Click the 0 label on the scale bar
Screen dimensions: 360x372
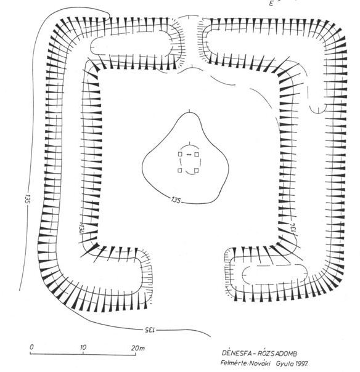point(31,347)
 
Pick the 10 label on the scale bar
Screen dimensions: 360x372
point(83,347)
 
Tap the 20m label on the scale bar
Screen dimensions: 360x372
point(137,348)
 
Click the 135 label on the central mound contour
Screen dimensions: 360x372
point(176,200)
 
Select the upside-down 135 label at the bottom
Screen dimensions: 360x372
point(149,330)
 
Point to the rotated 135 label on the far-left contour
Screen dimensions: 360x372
point(27,199)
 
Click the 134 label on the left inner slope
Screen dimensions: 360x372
point(81,229)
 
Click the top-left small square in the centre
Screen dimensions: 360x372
point(180,154)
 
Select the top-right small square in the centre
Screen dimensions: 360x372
point(197,155)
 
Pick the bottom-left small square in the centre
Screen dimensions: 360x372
point(180,171)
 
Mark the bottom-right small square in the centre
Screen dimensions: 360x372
point(196,171)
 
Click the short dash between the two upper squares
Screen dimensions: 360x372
point(189,155)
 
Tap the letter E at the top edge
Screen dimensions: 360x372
point(271,3)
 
